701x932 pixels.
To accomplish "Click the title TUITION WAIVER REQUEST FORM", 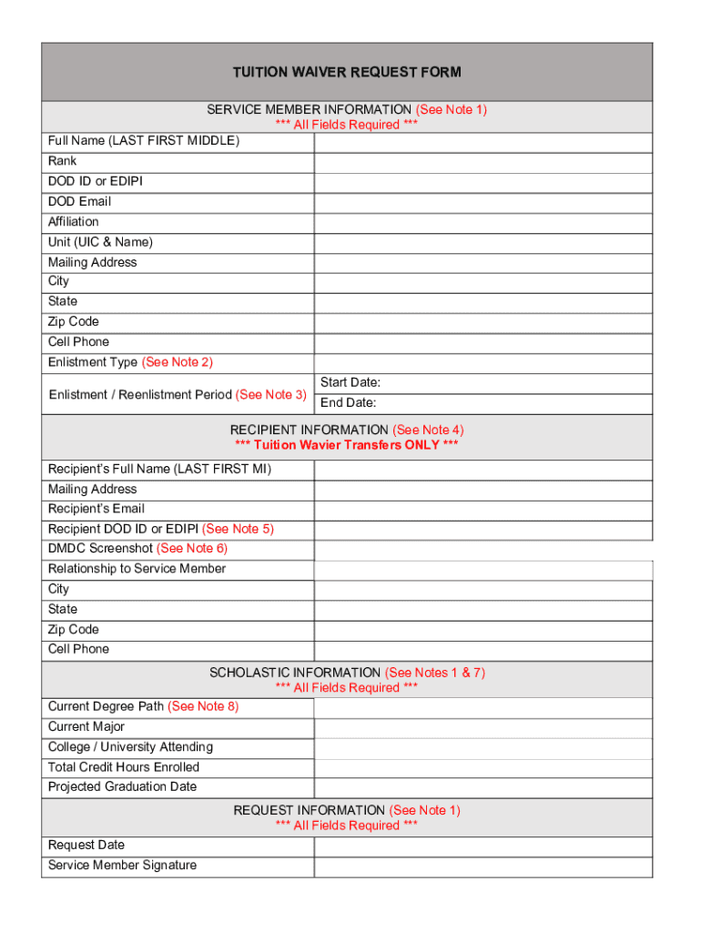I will pos(347,72).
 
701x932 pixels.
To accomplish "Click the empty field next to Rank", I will pos(483,162).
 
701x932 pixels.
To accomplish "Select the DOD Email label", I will pos(80,201).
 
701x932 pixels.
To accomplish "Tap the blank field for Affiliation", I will pos(483,222).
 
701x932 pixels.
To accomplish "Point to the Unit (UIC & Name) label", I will pos(100,242).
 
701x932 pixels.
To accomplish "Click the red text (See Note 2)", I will pos(178,362).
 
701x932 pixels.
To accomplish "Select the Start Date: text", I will pos(350,382).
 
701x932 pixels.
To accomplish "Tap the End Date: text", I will pos(349,402).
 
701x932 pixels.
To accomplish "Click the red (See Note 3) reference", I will pos(271,394).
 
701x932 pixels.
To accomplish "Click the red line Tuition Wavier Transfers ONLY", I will pos(347,445).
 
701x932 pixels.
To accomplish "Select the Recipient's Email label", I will pos(97,509).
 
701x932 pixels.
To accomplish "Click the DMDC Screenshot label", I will pos(100,548).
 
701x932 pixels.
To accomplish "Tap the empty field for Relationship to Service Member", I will pos(483,570).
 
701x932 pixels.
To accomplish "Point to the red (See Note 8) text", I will pos(203,706).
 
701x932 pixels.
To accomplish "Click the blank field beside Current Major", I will pos(483,727).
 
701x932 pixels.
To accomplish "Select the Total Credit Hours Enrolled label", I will pos(124,767).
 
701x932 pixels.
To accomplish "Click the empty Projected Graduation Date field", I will pos(483,787).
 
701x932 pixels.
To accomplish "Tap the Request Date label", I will pos(86,845).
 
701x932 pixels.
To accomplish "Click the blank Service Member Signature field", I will pos(483,866).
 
